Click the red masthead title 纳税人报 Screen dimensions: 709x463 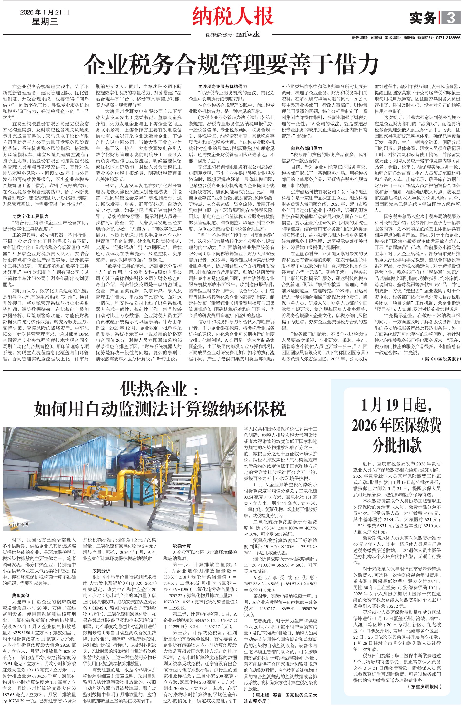click(233, 17)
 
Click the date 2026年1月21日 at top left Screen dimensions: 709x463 click(45, 12)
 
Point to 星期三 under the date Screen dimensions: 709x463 click(45, 21)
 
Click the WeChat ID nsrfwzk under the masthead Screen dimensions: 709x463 click(247, 35)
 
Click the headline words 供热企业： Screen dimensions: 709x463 click(159, 389)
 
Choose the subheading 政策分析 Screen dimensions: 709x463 click(101, 571)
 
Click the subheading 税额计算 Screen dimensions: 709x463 click(182, 546)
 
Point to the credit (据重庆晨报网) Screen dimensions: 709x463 click(424, 686)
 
